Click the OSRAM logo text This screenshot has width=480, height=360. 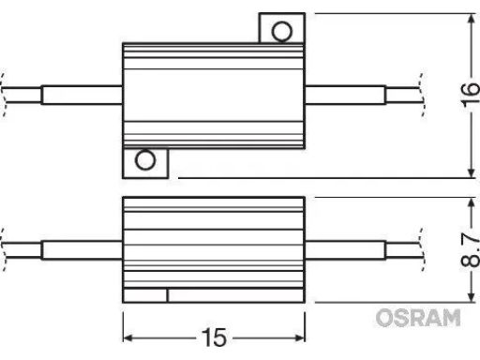(418, 319)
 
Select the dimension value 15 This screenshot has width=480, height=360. (217, 336)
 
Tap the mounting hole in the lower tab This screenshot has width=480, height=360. (145, 160)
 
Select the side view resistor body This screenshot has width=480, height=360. (215, 247)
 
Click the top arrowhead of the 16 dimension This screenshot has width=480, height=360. (468, 18)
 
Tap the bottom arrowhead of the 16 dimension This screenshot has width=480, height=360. (468, 172)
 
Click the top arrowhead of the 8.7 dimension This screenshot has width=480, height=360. (468, 202)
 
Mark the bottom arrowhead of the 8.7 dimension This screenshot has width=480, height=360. (468, 297)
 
